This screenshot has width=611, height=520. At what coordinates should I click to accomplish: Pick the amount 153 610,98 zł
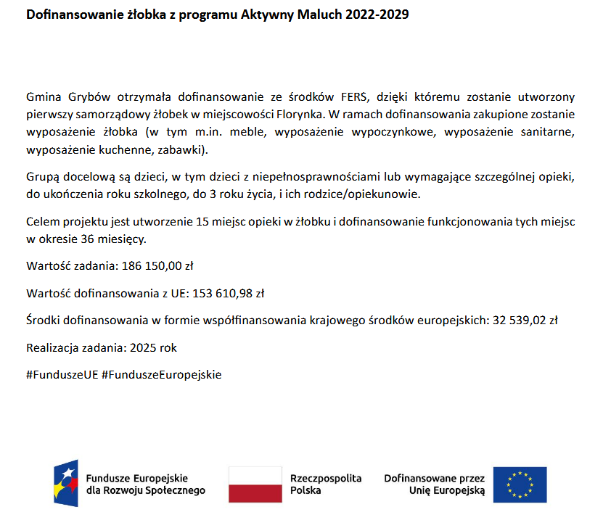point(228,293)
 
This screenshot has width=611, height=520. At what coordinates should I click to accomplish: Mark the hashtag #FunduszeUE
point(61,375)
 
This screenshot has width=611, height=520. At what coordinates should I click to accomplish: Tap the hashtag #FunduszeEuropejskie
point(162,375)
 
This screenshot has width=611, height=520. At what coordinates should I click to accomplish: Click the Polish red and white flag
point(255,484)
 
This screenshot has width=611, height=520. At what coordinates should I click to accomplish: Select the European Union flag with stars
point(520,484)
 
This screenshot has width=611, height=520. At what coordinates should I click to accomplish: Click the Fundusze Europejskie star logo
point(66,484)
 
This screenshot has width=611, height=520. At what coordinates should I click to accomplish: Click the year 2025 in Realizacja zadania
point(143,347)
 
